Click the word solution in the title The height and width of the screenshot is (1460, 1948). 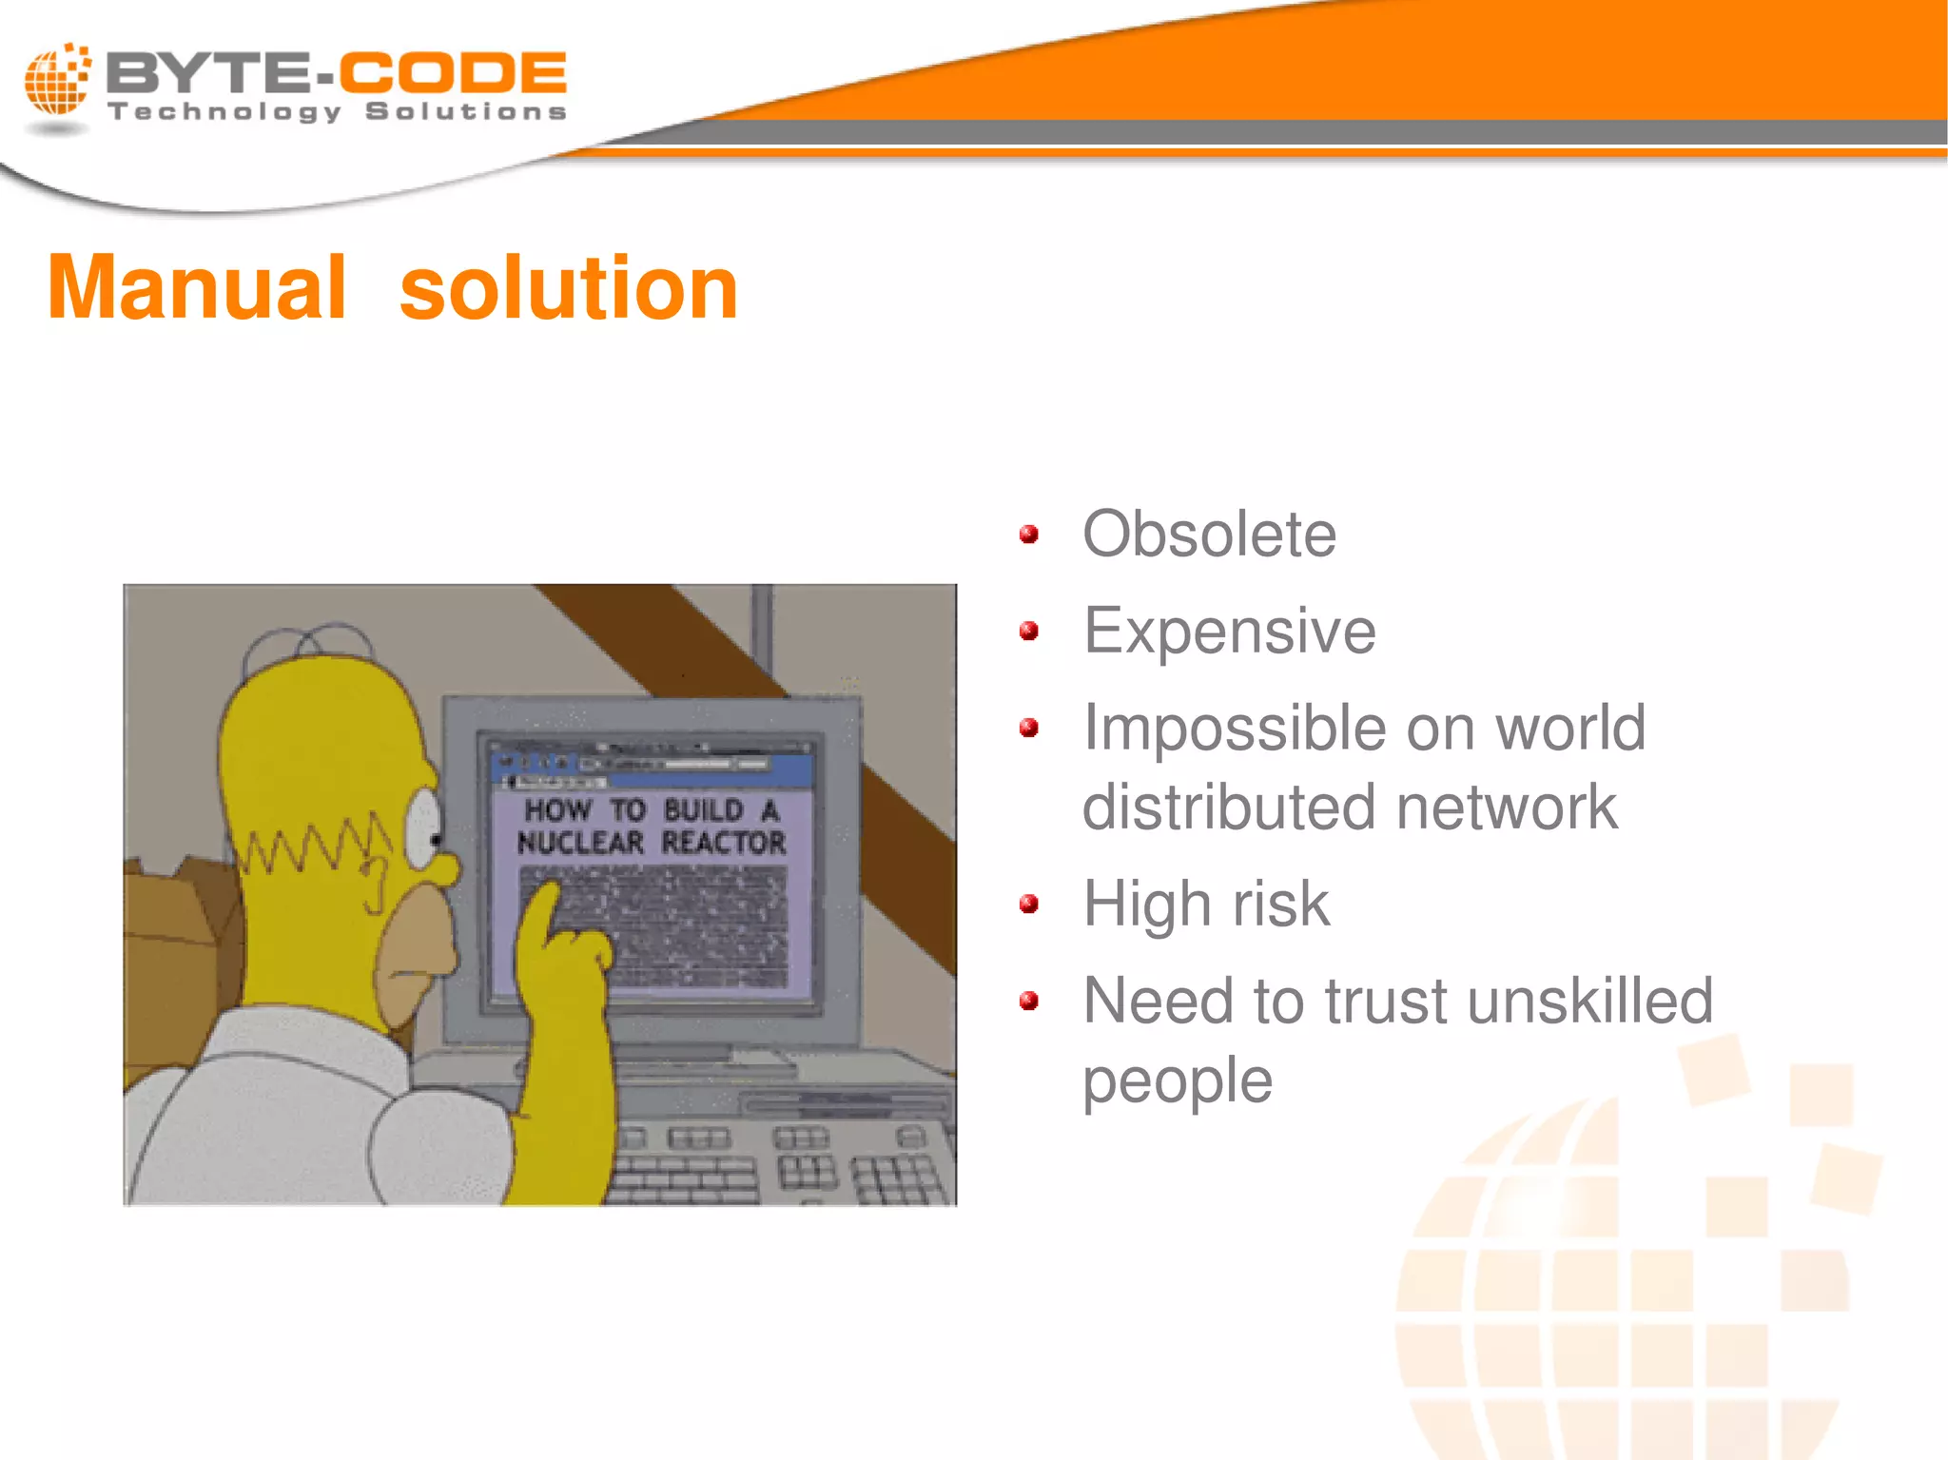click(568, 289)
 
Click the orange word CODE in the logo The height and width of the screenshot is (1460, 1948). click(453, 72)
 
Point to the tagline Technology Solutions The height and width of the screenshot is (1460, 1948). click(338, 112)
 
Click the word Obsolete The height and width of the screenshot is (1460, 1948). click(1209, 535)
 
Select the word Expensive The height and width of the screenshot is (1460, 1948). click(1229, 632)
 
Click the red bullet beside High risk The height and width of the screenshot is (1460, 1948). click(1028, 904)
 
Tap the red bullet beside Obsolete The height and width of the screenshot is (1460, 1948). click(1028, 535)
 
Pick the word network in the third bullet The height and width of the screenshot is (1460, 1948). click(1507, 808)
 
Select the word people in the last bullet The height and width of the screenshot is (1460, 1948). click(1178, 1081)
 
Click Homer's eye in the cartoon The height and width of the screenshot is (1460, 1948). click(424, 826)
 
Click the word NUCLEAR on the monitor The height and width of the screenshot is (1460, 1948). click(580, 843)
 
